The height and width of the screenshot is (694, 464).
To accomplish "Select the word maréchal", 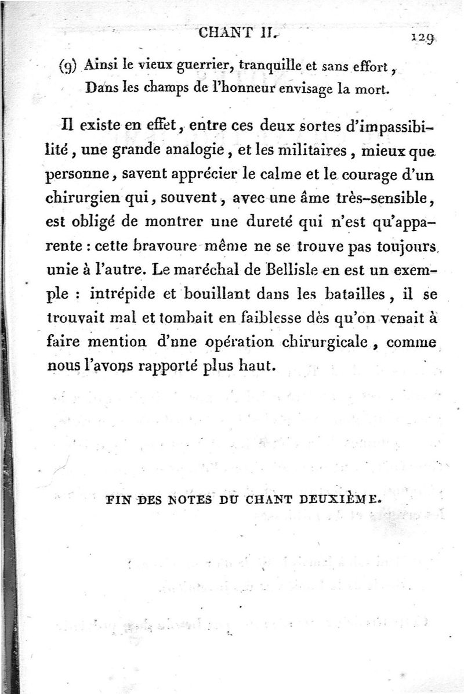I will [x=208, y=271].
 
